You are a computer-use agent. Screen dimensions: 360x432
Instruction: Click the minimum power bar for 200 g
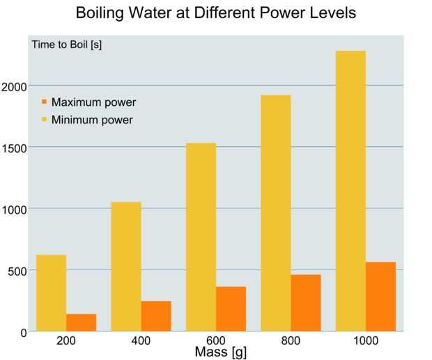coord(51,293)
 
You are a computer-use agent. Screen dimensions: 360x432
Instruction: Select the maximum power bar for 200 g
coord(82,322)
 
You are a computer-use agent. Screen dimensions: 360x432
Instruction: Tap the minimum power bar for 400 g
coord(126,267)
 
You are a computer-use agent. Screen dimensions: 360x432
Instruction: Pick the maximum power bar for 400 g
coord(156,316)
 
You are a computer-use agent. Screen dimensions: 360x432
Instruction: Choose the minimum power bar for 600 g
coord(201,237)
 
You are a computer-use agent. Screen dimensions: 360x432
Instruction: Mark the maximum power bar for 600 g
coord(231,309)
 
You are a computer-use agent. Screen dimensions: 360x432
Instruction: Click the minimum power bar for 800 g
coord(275,213)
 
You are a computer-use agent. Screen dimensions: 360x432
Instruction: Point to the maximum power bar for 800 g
coord(306,303)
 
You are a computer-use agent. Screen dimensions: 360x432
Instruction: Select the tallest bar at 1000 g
coord(350,191)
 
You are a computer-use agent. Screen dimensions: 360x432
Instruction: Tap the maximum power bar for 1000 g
coord(380,297)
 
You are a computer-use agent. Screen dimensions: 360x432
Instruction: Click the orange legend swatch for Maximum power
coord(44,102)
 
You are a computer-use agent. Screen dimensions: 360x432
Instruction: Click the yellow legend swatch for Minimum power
coord(44,120)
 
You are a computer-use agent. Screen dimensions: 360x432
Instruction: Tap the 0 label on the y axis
coord(24,333)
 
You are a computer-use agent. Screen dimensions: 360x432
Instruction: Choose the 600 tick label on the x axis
coord(216,341)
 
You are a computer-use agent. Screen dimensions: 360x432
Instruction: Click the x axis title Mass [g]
coord(220,352)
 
